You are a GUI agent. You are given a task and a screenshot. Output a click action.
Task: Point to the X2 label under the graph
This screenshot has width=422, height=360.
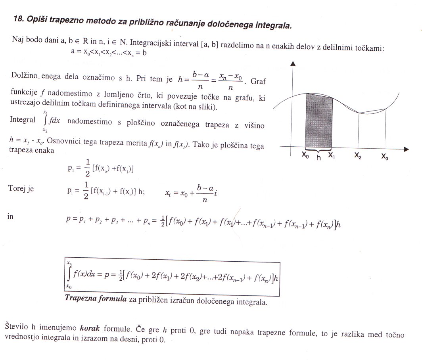[x=358, y=157]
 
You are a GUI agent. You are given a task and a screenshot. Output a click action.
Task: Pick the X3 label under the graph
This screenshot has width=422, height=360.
[x=385, y=157]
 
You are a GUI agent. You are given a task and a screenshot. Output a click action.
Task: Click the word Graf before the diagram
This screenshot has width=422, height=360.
[x=258, y=82]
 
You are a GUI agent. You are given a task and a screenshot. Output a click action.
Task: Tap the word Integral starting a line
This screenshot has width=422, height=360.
[x=22, y=120]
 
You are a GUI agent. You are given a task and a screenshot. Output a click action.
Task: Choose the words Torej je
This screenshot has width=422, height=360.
[x=21, y=189]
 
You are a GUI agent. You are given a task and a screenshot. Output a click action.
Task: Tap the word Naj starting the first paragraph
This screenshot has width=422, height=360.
[x=17, y=40]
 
